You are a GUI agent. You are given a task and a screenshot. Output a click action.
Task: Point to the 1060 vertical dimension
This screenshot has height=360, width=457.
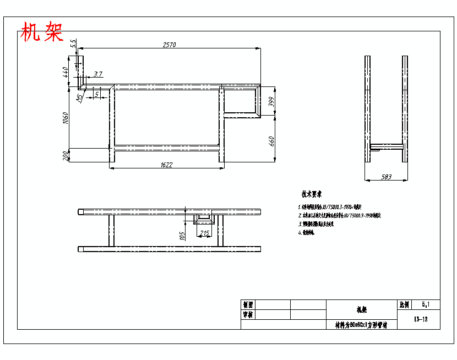66,118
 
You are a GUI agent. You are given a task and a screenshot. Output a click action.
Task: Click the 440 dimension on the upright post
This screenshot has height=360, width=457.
66,71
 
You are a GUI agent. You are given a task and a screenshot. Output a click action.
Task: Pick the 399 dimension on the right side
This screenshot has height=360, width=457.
271,101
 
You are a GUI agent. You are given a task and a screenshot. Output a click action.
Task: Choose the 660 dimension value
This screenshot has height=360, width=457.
271,140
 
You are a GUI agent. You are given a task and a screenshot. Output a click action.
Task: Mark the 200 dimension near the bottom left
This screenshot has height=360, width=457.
66,156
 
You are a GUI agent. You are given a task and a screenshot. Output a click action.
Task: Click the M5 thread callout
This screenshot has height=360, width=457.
80,97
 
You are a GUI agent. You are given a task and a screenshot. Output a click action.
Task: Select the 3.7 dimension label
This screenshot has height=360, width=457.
98,74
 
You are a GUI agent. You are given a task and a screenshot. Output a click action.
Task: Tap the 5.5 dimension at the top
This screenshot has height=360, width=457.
73,43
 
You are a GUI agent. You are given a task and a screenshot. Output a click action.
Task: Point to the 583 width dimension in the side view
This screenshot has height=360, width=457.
387,177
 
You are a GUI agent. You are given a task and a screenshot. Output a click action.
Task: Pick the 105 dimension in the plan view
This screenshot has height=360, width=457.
182,236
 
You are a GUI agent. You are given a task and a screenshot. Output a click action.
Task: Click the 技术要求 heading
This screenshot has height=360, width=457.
312,194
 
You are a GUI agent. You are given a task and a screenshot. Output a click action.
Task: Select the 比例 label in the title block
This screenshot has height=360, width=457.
405,304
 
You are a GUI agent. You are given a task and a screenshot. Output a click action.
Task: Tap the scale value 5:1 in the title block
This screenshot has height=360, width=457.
427,304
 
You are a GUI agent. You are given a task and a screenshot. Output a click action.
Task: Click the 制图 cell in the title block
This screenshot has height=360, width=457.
248,304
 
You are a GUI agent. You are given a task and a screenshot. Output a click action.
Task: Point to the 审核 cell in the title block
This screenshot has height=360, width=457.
248,315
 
